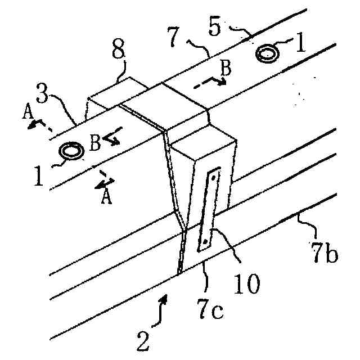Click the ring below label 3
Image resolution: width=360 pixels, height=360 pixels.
(x=71, y=151)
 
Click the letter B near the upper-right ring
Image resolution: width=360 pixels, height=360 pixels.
(x=224, y=70)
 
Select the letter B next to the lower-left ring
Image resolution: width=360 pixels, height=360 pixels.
(x=95, y=142)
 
